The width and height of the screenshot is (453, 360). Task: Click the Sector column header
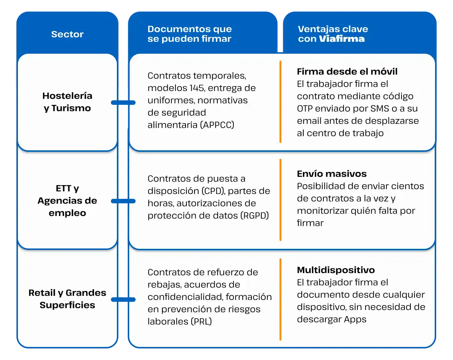click(x=67, y=34)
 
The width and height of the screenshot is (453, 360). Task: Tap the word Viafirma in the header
click(x=342, y=39)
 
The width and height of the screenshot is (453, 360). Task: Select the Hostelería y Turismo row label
click(x=67, y=102)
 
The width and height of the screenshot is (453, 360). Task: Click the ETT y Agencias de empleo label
click(x=67, y=201)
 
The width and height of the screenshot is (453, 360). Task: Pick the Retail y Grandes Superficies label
click(x=67, y=299)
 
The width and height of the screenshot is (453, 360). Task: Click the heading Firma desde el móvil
click(x=347, y=71)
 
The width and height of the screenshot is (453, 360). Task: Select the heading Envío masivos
click(x=332, y=173)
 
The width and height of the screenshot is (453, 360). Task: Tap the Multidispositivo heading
click(x=336, y=270)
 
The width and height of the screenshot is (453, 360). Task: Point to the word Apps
click(x=355, y=319)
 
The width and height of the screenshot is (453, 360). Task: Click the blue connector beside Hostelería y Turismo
click(x=123, y=102)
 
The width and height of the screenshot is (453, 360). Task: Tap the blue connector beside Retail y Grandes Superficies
click(x=123, y=299)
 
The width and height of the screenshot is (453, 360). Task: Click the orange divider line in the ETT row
click(x=280, y=200)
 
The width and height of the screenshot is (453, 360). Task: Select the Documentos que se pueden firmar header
click(x=190, y=34)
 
